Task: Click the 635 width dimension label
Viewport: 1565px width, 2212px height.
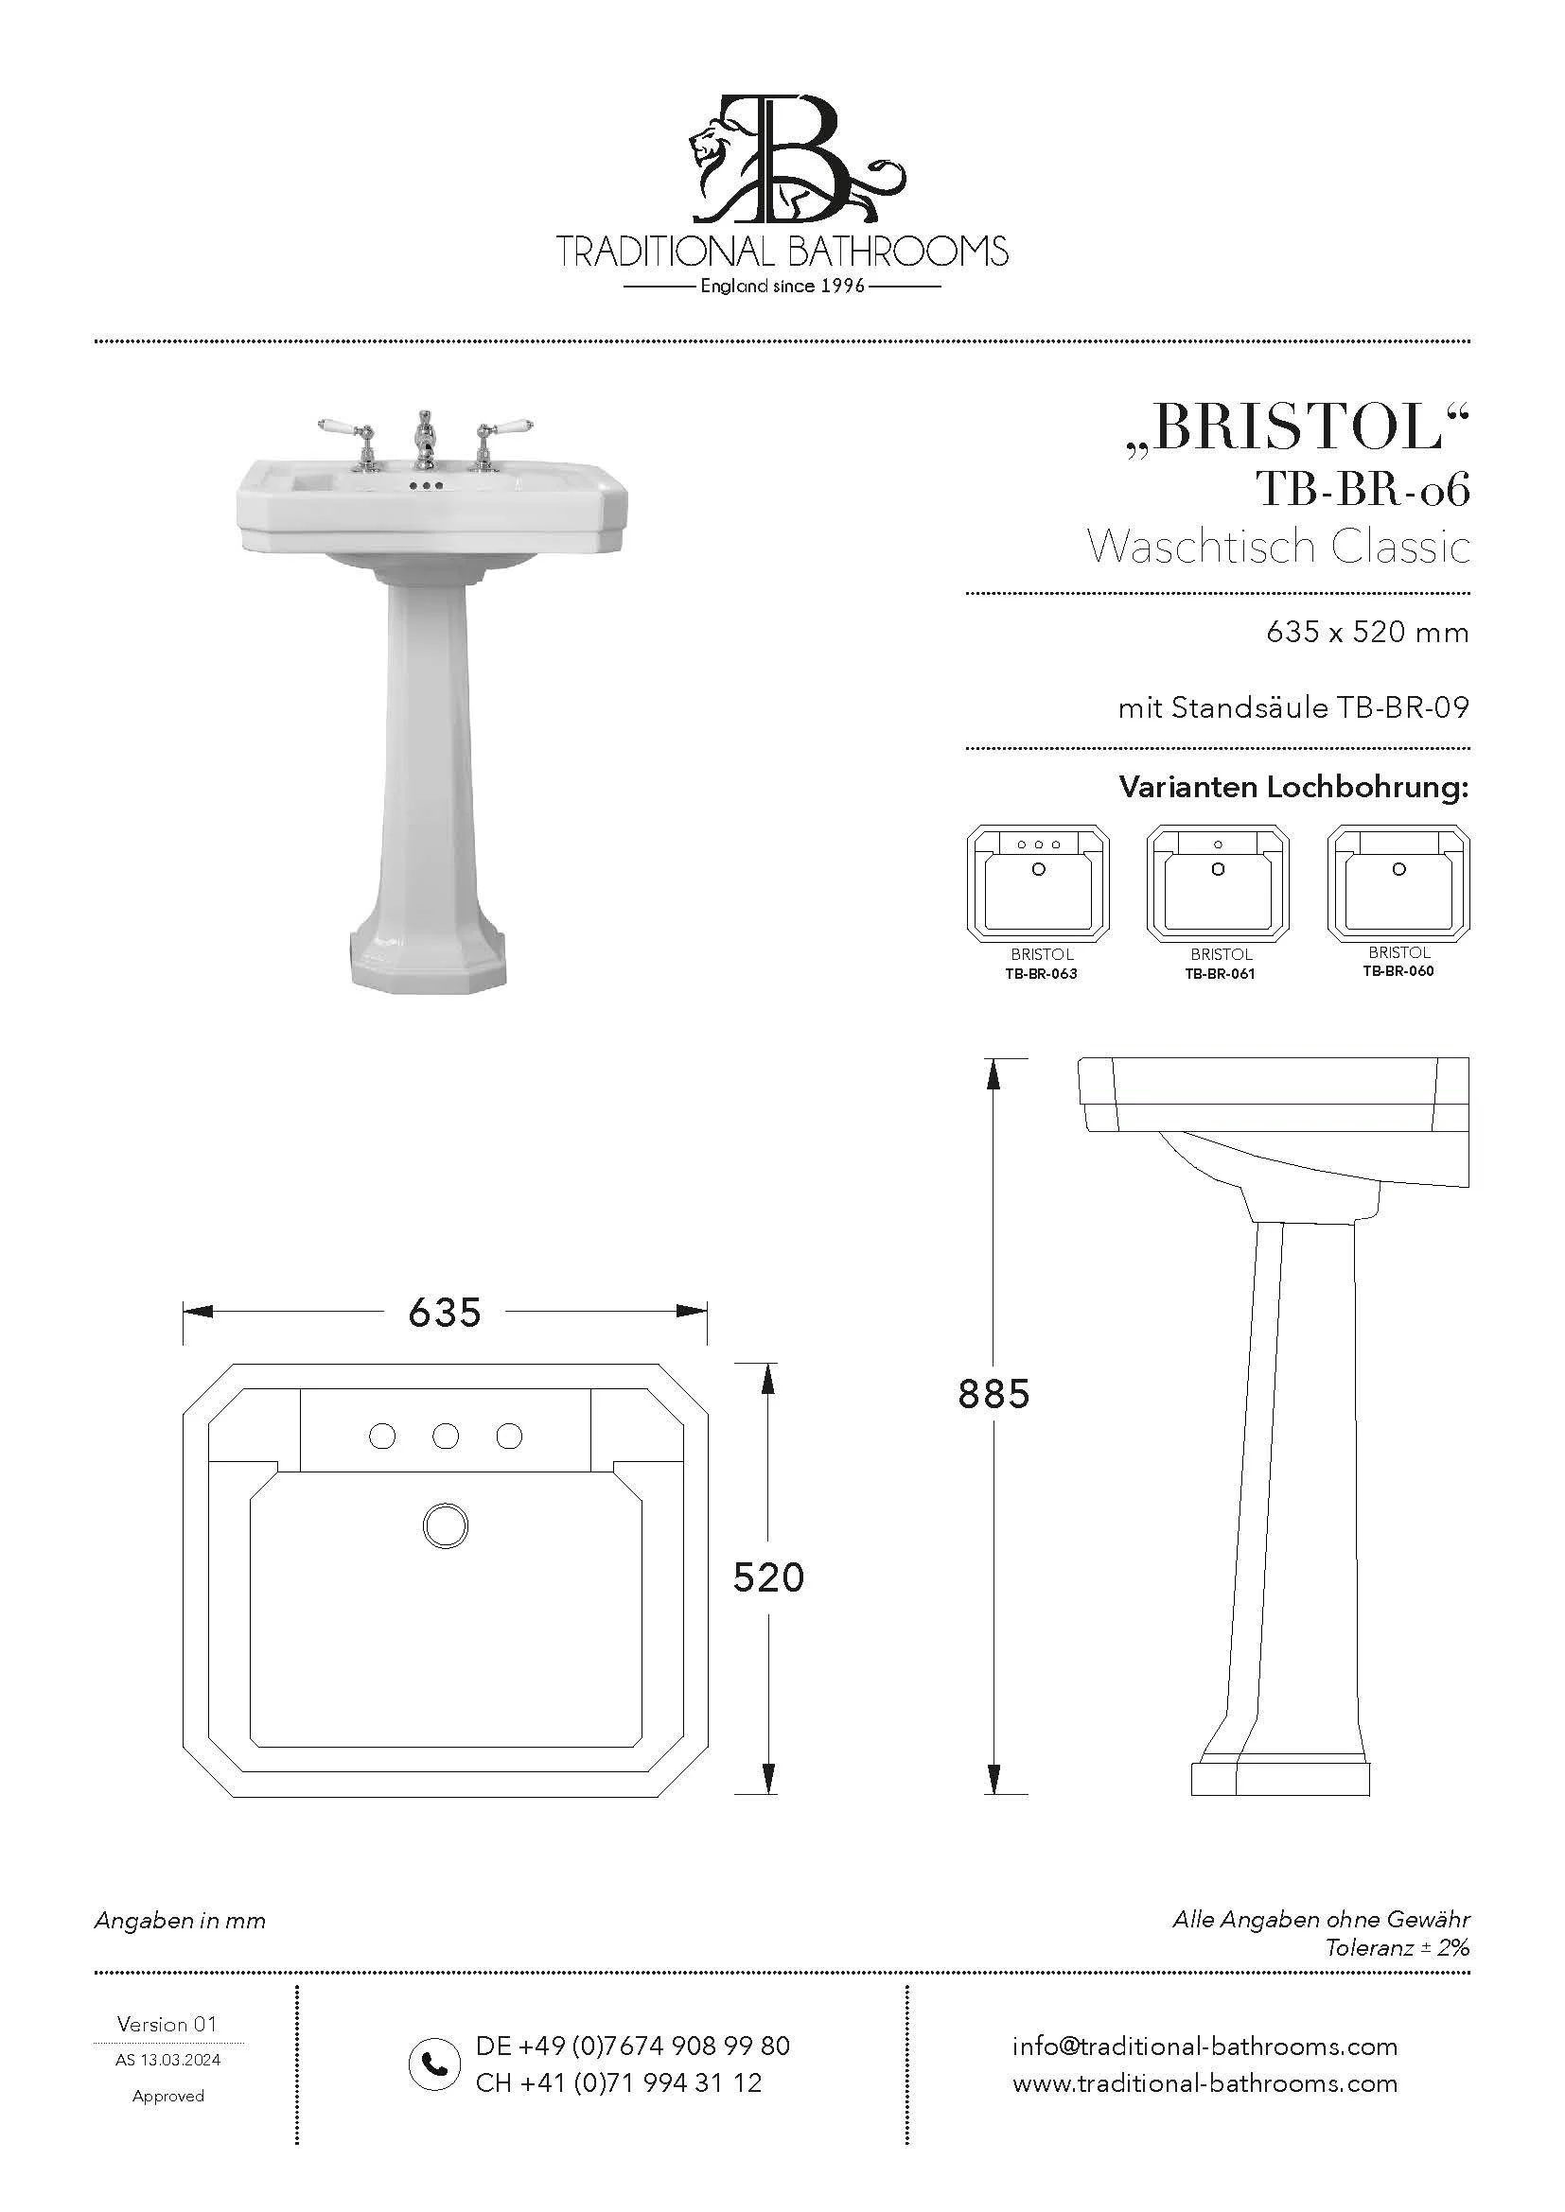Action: tap(445, 1313)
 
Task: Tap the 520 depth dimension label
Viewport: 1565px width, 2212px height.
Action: tap(768, 1577)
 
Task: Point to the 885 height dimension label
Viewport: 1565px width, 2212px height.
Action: tap(994, 1394)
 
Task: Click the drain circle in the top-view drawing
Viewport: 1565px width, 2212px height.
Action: tap(446, 1526)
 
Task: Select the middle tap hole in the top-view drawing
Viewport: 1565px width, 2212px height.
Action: tap(446, 1437)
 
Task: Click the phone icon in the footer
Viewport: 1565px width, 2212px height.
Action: tap(433, 2064)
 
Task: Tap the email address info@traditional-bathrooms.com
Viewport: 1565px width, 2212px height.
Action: tap(1205, 2046)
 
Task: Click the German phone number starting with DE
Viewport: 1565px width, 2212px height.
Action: tap(632, 2046)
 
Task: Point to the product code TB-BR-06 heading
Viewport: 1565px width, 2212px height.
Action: tap(1362, 491)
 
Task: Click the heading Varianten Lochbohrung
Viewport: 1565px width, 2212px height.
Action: tap(1293, 787)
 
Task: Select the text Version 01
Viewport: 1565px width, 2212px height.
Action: tap(167, 2024)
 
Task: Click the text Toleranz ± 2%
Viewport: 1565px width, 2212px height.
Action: tap(1397, 1947)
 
